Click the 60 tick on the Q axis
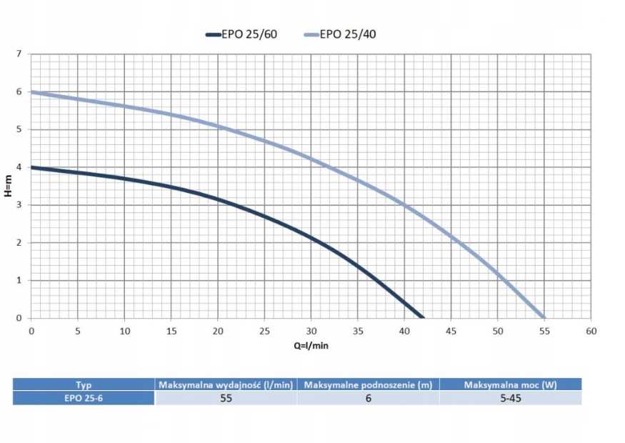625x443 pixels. point(591,331)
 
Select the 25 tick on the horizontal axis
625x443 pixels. point(264,331)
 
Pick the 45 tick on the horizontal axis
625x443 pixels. point(451,331)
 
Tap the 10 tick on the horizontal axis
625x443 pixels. point(124,331)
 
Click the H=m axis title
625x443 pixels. point(8,187)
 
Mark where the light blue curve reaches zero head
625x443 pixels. point(544,318)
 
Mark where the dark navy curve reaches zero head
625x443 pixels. point(422,318)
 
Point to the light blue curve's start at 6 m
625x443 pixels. point(31,92)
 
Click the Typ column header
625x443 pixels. point(84,384)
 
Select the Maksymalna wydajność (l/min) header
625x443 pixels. point(226,384)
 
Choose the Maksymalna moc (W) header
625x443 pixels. point(510,384)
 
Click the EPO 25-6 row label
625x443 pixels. point(84,398)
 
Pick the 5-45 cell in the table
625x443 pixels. point(510,398)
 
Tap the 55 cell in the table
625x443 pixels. point(226,398)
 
